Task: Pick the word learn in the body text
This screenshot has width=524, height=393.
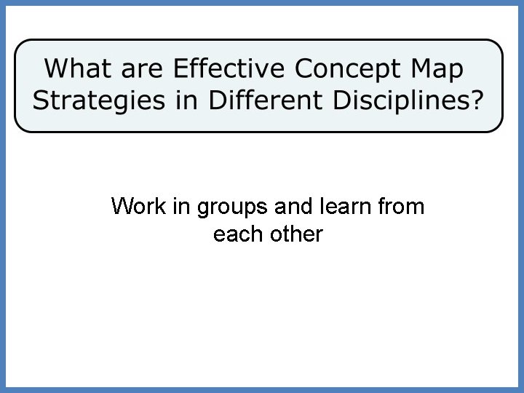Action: (346, 207)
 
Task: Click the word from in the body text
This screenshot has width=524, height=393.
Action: (402, 207)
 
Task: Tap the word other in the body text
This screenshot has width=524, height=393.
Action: (297, 235)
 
